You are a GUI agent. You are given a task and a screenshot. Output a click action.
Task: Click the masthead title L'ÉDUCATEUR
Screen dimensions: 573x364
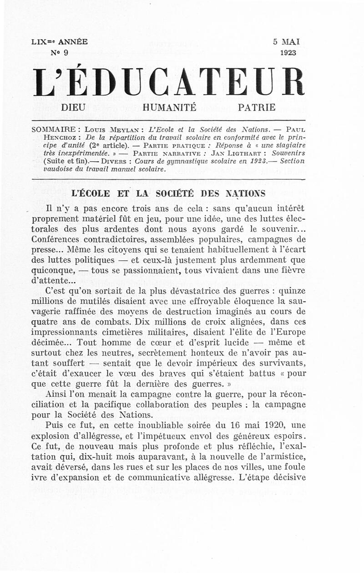click(168, 82)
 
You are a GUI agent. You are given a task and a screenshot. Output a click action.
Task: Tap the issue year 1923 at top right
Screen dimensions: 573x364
click(288, 53)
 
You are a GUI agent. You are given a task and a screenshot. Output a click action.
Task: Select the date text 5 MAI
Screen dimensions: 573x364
click(286, 42)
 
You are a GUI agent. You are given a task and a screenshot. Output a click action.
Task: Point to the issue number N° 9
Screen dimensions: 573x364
click(59, 53)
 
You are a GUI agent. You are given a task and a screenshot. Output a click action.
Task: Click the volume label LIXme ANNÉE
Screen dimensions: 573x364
click(60, 42)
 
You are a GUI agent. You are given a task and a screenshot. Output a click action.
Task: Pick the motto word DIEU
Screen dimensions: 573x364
click(76, 108)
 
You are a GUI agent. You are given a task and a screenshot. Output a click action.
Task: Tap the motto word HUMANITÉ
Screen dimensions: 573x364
click(170, 108)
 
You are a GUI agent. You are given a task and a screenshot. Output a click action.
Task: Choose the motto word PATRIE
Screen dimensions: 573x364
click(257, 108)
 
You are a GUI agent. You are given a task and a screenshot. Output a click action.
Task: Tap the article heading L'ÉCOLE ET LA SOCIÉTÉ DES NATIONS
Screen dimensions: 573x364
click(168, 193)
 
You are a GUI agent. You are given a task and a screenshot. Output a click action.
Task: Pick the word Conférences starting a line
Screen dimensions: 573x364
click(59, 239)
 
